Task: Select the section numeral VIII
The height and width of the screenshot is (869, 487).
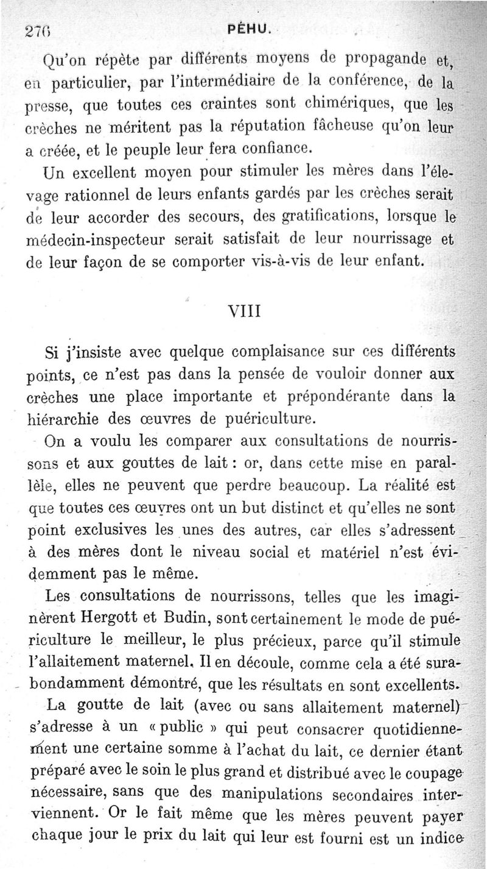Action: point(243,311)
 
